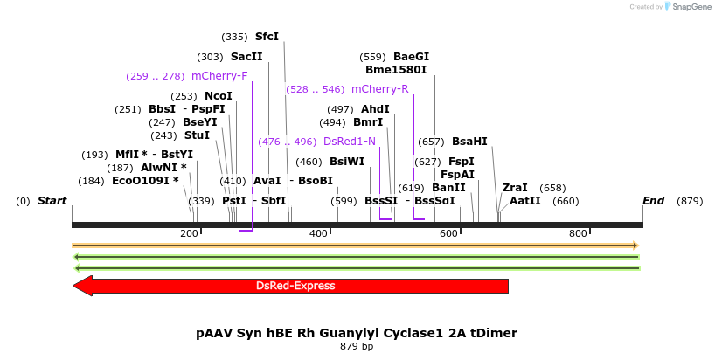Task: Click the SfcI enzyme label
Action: [x=267, y=37]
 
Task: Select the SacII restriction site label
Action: [x=246, y=56]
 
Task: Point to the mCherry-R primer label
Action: [x=379, y=89]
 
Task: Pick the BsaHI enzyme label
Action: [x=469, y=142]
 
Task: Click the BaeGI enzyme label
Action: [x=411, y=57]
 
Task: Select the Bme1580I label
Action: [x=396, y=70]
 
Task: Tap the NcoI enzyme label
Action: [x=219, y=96]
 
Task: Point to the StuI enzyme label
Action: [x=197, y=135]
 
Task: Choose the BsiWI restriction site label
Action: [x=347, y=162]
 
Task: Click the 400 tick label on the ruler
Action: [x=318, y=233]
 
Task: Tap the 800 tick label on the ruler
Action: [x=578, y=233]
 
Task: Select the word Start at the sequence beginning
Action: [x=52, y=201]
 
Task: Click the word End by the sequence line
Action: [x=653, y=201]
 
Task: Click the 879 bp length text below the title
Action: [x=357, y=346]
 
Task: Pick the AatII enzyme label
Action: [x=524, y=201]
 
